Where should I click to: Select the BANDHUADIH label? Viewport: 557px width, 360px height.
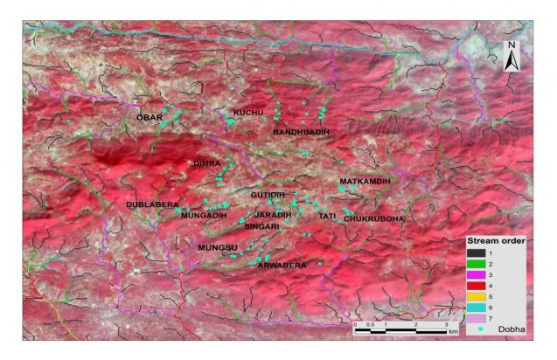tap(302, 131)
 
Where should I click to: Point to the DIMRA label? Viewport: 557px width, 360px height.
tap(206, 163)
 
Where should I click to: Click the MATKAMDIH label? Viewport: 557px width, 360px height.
tap(364, 181)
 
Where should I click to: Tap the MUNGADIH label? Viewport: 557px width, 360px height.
tap(204, 215)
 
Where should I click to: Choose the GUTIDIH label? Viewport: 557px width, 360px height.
tap(268, 193)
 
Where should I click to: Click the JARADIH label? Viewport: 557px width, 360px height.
tap(273, 214)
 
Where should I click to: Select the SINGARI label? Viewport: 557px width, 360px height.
tap(261, 226)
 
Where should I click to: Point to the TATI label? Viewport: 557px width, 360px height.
tap(327, 215)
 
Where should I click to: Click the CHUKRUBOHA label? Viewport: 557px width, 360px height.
tap(374, 218)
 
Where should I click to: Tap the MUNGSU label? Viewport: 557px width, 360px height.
tap(218, 248)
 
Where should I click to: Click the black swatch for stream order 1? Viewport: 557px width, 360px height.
tap(477, 252)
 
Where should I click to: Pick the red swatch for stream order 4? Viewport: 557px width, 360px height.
tap(477, 285)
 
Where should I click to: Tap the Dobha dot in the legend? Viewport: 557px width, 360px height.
tap(477, 329)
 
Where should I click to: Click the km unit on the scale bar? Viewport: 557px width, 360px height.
tap(453, 332)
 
